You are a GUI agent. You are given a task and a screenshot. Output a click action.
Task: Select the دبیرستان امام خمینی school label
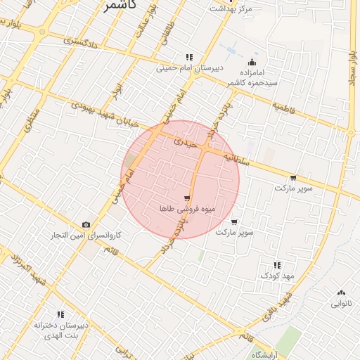(189, 68)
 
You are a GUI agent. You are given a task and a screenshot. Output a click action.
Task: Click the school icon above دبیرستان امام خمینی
(189, 57)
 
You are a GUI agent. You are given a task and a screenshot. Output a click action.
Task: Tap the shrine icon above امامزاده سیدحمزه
(252, 62)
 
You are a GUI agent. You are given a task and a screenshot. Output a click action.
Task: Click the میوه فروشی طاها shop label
(187, 209)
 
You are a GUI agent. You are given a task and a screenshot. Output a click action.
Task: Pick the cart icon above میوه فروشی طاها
(186, 198)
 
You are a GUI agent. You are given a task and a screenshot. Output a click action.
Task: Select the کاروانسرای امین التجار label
(86, 235)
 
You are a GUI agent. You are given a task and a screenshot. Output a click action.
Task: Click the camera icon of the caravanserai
(86, 224)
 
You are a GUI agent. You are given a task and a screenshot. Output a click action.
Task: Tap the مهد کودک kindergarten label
(275, 276)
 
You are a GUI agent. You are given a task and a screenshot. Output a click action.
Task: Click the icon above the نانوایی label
(342, 292)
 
